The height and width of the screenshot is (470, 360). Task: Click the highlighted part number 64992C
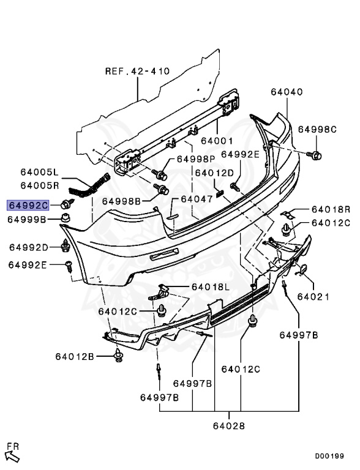(28, 206)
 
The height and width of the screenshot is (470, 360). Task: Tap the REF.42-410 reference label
(137, 72)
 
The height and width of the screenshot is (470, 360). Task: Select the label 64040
(287, 92)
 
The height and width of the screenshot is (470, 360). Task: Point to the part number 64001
(217, 141)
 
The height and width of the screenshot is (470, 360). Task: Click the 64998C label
(317, 130)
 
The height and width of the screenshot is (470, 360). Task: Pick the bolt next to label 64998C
(315, 155)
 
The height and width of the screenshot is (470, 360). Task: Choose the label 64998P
(196, 159)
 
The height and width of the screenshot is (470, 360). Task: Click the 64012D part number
(214, 173)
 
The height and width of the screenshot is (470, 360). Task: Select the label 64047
(197, 199)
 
